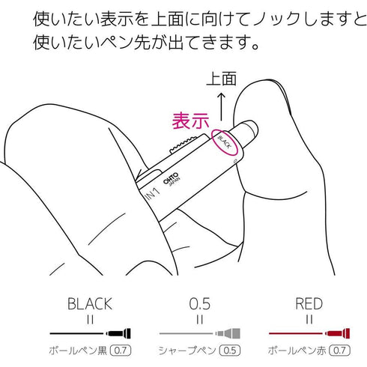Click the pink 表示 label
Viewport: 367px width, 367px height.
[x=190, y=121]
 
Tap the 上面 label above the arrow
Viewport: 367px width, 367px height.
[x=221, y=79]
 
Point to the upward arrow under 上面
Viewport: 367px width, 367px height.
[x=221, y=106]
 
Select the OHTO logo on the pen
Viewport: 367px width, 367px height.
[x=171, y=178]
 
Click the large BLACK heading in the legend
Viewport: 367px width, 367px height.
[x=90, y=304]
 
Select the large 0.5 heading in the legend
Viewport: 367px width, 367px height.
[x=200, y=304]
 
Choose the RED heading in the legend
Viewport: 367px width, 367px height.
[x=309, y=304]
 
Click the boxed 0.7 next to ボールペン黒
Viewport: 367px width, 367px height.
[x=121, y=351]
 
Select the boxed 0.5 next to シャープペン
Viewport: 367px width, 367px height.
[x=230, y=351]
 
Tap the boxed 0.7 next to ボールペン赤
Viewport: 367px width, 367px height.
[x=339, y=351]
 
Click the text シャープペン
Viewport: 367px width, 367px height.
[x=187, y=351]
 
